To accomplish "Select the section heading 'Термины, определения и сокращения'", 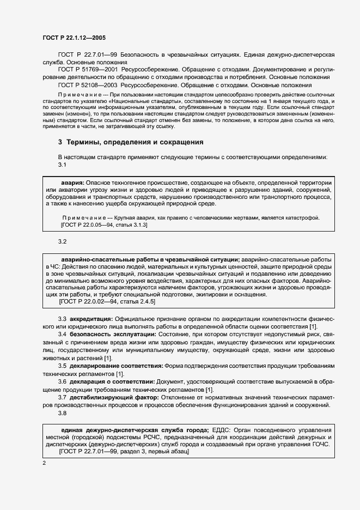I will [135, 143].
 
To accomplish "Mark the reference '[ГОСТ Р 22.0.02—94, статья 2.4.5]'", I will [107, 301].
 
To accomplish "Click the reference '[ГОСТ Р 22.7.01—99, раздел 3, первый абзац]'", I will [124, 453].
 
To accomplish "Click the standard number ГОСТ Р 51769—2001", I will [88, 70].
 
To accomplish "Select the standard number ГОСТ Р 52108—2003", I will [88, 85].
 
